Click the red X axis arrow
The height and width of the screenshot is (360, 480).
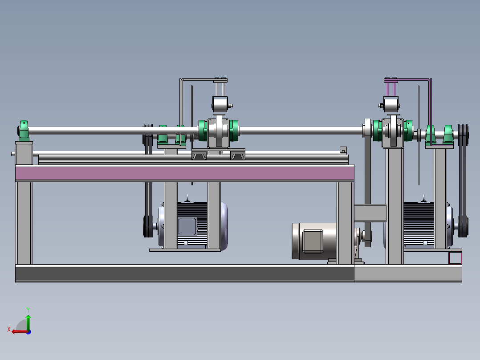tap(20, 331)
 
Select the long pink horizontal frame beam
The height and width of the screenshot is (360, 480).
tap(185, 173)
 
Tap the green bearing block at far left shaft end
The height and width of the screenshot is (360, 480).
tap(24, 131)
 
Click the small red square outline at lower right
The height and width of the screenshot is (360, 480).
tap(455, 258)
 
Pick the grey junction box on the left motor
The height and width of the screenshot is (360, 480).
tap(187, 226)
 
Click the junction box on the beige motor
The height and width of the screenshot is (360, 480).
tap(313, 241)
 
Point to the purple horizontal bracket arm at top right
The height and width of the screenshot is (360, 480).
tap(407, 80)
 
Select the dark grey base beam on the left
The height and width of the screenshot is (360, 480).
tap(185, 274)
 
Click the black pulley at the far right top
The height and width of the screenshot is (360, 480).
tap(463, 135)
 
